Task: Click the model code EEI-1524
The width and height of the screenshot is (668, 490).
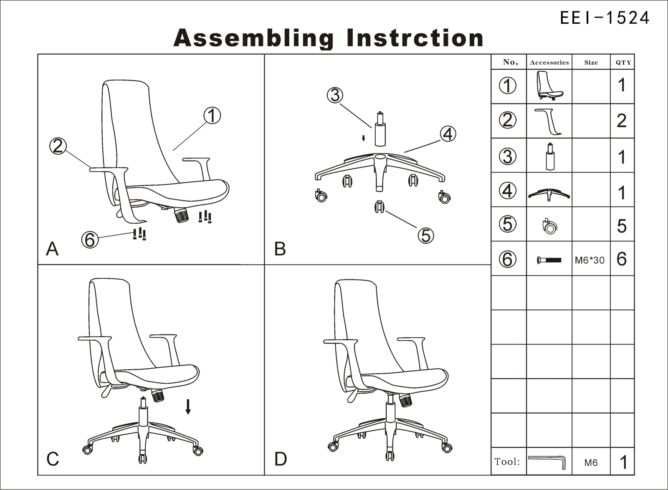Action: coord(605,18)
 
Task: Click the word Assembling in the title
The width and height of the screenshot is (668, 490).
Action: coord(253,38)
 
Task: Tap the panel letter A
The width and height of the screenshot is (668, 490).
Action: coord(52,249)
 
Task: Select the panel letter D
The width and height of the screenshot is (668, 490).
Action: coord(280,459)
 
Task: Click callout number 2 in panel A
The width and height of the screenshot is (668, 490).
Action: coord(58,146)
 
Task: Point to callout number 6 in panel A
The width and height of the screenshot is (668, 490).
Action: coord(90,240)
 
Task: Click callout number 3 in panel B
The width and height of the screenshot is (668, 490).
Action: coord(335,95)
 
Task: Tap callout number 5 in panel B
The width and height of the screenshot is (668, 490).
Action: coord(426,236)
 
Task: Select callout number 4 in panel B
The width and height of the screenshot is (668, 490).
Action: coord(448,134)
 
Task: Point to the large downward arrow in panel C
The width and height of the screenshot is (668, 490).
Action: coord(188,407)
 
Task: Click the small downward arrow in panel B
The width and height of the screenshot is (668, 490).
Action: coord(363,138)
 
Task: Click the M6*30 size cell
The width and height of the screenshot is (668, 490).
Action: coord(590,260)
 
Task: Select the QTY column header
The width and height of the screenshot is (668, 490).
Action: coord(623,63)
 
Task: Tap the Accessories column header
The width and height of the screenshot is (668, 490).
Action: coord(549,63)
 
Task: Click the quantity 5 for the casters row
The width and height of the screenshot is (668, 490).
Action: coord(622,226)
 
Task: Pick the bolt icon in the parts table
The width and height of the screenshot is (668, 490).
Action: coord(549,260)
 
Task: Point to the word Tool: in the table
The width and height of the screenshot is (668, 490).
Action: coord(507,462)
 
